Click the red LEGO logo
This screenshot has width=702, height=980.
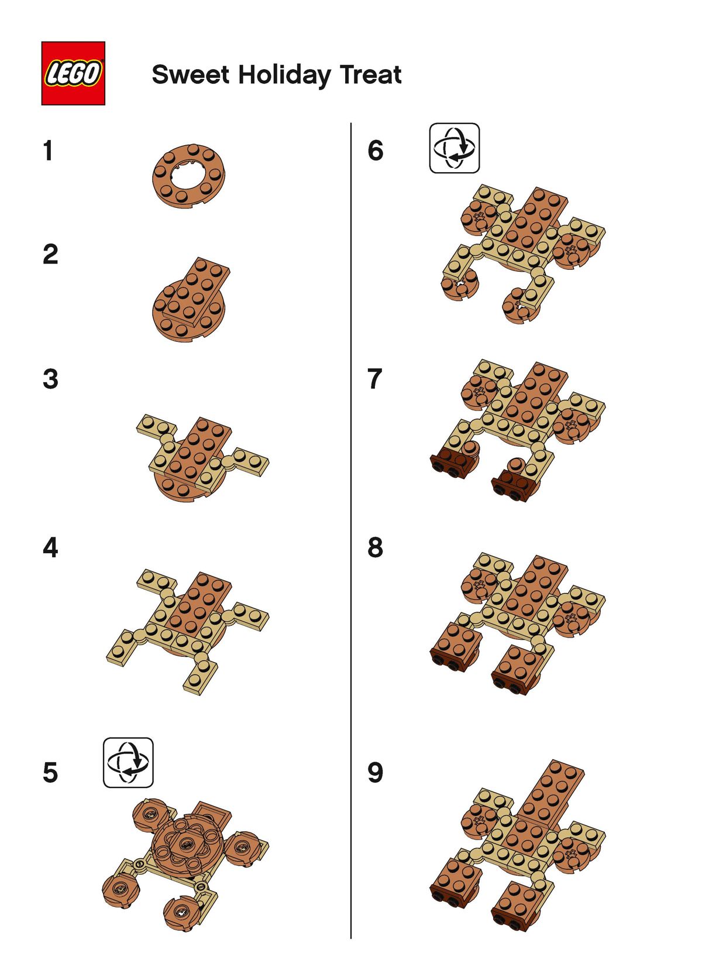pyautogui.click(x=73, y=73)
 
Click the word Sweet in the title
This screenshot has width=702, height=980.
pyautogui.click(x=190, y=74)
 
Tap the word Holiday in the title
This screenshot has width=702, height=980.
pyautogui.click(x=284, y=76)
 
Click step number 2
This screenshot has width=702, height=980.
pyautogui.click(x=50, y=254)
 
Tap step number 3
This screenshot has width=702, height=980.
pyautogui.click(x=50, y=379)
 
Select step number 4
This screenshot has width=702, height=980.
pyautogui.click(x=50, y=547)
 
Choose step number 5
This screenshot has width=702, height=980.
pyautogui.click(x=50, y=772)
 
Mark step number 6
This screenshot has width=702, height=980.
pyautogui.click(x=376, y=150)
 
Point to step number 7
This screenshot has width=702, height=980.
pyautogui.click(x=375, y=379)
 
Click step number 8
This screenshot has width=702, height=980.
pyautogui.click(x=375, y=547)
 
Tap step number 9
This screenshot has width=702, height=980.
pyautogui.click(x=375, y=772)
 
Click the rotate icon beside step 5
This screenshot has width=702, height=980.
pyautogui.click(x=128, y=763)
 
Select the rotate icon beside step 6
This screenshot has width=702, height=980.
pyautogui.click(x=454, y=148)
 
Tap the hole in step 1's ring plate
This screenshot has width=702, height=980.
pyautogui.click(x=190, y=174)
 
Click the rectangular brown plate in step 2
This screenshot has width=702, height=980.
pyautogui.click(x=197, y=292)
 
